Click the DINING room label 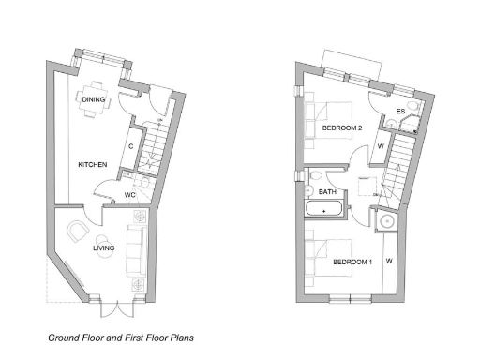93,98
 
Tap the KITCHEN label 92,165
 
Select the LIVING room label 103,249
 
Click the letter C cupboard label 130,146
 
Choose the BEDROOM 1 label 352,262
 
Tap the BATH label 328,192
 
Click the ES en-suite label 400,112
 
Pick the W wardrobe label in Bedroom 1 387,260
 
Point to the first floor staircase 399,164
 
